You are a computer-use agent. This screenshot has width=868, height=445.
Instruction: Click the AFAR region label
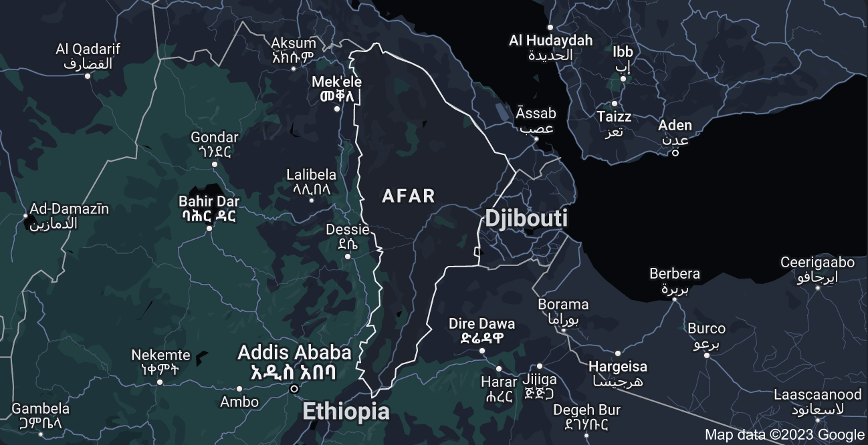tap(408, 196)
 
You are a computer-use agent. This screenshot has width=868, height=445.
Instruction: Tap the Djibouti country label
tap(526, 218)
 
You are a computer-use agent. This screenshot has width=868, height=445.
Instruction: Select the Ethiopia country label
tap(346, 412)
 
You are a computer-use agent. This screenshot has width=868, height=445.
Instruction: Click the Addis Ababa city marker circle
tap(294, 389)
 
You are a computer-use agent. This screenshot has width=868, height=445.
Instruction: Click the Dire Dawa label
tap(481, 330)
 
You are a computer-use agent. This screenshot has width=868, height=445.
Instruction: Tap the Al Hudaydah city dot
tap(550, 27)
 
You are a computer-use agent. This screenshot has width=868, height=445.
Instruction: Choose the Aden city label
tap(675, 132)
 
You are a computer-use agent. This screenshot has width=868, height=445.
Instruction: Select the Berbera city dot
tap(674, 299)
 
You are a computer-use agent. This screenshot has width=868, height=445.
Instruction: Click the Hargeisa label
tap(618, 374)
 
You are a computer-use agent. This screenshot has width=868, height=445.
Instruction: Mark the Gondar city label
tap(214, 144)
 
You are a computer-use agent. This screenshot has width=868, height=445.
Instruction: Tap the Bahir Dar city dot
tap(209, 229)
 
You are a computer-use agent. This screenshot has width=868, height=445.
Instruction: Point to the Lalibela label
tap(311, 181)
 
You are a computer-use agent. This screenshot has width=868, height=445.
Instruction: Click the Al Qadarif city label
tap(88, 56)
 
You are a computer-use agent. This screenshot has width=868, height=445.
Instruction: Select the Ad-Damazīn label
tap(68, 215)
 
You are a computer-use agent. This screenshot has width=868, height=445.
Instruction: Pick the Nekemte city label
tap(160, 361)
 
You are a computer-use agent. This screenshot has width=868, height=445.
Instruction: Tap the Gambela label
tap(41, 415)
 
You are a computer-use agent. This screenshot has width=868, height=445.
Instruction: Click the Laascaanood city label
tap(817, 401)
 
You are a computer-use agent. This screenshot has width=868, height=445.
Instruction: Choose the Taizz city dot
tap(614, 104)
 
